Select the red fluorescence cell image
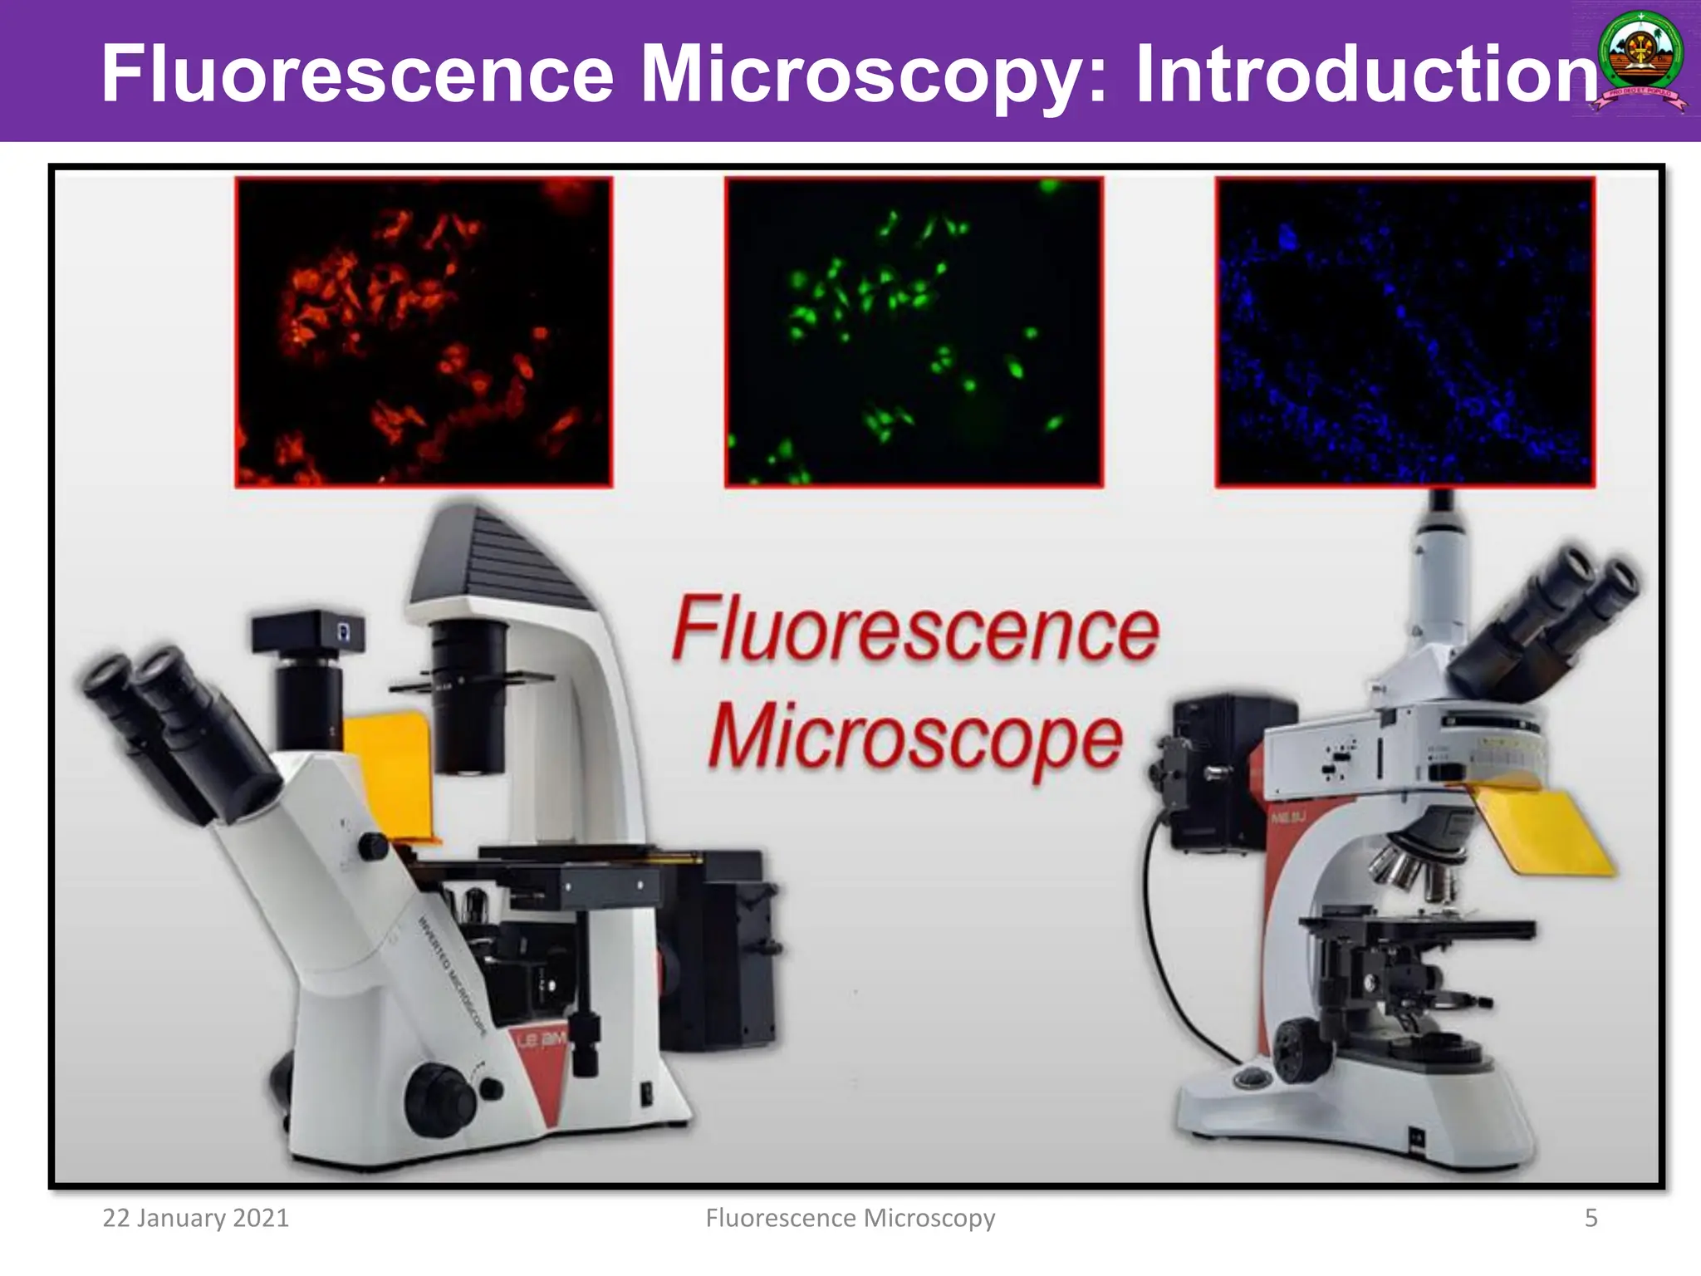coord(424,331)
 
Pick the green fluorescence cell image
coord(914,331)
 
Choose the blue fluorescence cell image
coord(1404,331)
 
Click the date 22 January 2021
coord(195,1218)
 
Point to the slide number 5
coord(1591,1218)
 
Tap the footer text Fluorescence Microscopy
coord(850,1218)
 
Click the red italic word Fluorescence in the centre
coord(914,630)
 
